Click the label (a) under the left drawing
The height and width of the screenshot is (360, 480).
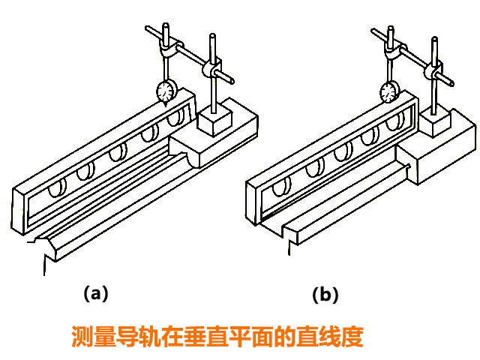coord(96,294)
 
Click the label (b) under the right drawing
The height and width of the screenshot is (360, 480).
coord(325,295)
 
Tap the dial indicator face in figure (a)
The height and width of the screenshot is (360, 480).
coord(166,91)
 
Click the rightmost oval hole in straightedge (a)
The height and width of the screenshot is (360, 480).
coord(175,118)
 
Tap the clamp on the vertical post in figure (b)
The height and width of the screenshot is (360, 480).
coord(433,73)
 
